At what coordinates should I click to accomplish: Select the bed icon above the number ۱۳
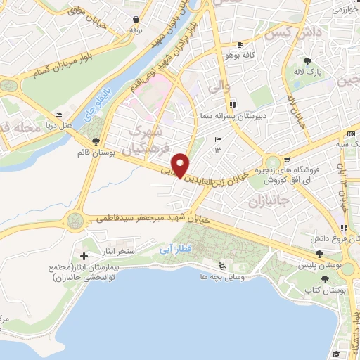218,139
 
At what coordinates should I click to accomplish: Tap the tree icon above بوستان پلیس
320,254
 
